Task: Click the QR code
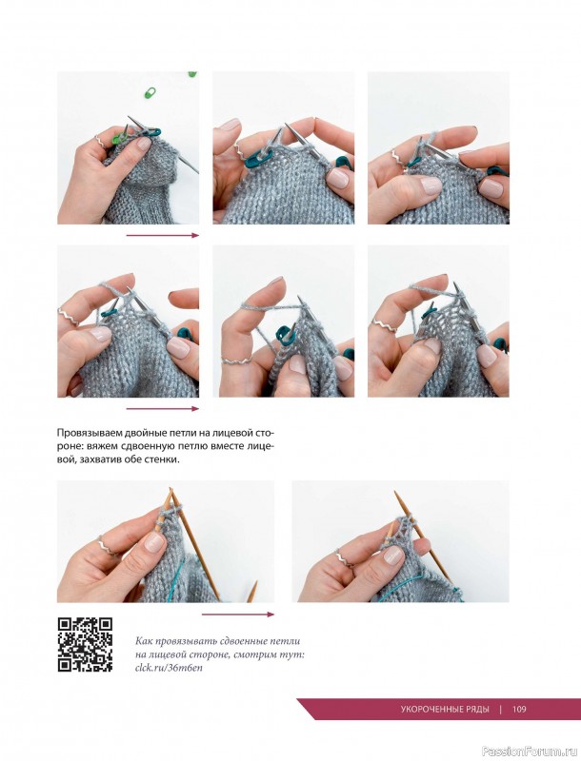(86, 645)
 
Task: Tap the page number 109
(519, 709)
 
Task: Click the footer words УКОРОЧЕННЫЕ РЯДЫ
(445, 709)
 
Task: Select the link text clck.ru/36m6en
(169, 668)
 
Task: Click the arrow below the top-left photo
(163, 235)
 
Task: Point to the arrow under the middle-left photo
(163, 409)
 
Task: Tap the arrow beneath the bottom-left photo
(238, 615)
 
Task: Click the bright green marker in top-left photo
(120, 139)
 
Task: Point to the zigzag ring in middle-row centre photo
(236, 361)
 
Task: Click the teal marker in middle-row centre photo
(286, 333)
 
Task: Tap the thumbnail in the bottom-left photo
(154, 541)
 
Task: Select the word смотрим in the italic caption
(257, 654)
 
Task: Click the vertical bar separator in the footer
(501, 709)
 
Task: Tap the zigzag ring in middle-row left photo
(69, 317)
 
